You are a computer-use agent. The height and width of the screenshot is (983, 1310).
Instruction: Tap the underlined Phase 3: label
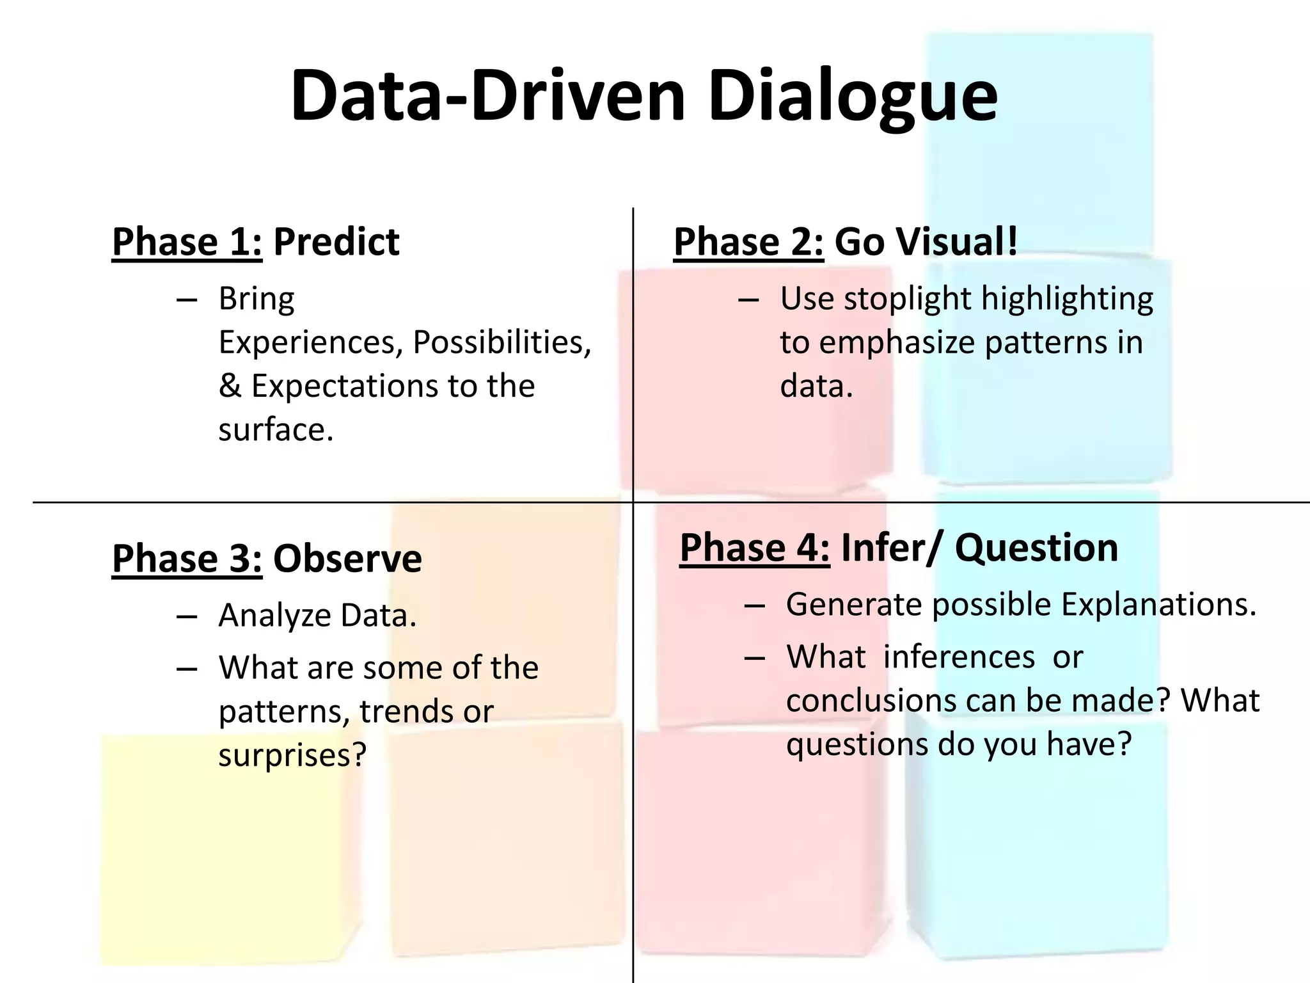point(187,558)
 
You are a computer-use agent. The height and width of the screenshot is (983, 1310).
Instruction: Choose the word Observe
point(347,558)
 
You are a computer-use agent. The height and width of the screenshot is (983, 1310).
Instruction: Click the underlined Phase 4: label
point(754,548)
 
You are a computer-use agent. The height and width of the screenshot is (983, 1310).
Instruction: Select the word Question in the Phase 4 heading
point(1036,548)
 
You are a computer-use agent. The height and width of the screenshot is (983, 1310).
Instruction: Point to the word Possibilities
point(501,342)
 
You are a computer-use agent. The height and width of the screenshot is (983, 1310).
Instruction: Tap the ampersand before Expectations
point(230,386)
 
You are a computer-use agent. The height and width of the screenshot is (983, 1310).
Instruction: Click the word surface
point(276,429)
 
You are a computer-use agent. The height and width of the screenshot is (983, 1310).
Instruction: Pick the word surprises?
point(292,755)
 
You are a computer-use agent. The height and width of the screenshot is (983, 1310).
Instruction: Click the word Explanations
point(1158,605)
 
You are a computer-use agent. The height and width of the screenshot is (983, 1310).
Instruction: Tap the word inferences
point(958,657)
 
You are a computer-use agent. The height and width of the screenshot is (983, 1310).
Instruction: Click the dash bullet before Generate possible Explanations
point(755,605)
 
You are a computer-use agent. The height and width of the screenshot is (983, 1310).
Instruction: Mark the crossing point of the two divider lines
point(633,502)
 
